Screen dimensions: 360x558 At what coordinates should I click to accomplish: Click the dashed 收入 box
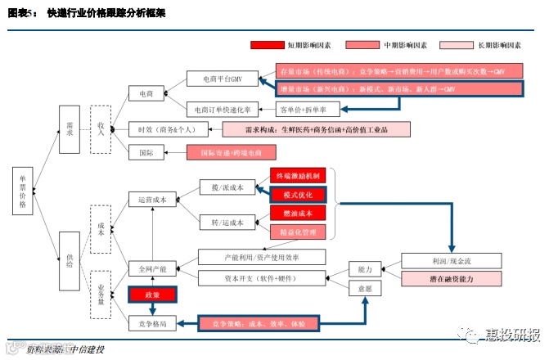101,129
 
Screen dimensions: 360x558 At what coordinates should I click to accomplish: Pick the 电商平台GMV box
223,79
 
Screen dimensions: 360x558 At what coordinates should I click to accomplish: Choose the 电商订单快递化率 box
223,109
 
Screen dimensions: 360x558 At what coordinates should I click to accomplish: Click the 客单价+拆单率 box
302,109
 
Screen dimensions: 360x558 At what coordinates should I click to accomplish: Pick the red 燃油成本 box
298,213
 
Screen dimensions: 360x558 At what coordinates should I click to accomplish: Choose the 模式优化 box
298,194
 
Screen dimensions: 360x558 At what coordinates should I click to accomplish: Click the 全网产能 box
152,268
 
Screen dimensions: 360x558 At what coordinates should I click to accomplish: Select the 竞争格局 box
152,323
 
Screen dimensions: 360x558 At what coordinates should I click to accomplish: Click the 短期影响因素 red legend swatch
266,46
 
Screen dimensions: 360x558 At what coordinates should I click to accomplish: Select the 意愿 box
365,288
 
